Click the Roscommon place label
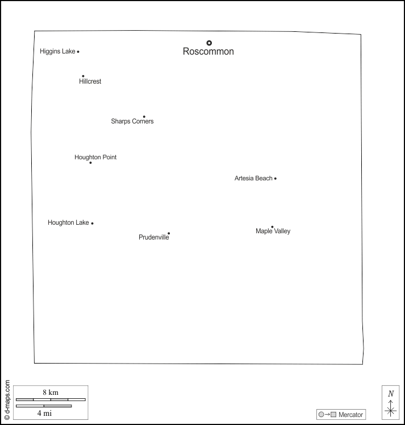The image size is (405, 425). click(x=208, y=52)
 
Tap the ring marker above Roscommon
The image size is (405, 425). click(x=209, y=43)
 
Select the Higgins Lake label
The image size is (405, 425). click(x=57, y=52)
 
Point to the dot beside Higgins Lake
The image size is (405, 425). click(x=78, y=52)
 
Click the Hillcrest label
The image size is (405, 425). click(x=90, y=82)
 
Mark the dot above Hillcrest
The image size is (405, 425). click(x=83, y=76)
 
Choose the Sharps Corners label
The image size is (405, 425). click(x=132, y=121)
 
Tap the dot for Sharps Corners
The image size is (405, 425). click(x=144, y=117)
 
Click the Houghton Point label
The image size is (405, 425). click(x=95, y=157)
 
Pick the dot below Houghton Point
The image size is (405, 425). click(x=90, y=163)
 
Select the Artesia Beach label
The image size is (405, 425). click(x=253, y=179)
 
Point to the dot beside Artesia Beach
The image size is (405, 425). click(x=275, y=179)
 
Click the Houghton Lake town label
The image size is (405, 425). click(x=68, y=223)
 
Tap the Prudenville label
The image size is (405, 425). click(x=153, y=237)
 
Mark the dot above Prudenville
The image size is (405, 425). click(x=169, y=233)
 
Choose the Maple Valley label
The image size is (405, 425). click(x=273, y=232)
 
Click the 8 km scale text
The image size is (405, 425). click(x=51, y=393)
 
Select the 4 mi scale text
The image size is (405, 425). click(x=44, y=414)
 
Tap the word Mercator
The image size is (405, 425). click(x=350, y=415)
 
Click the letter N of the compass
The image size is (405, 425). click(x=391, y=394)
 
